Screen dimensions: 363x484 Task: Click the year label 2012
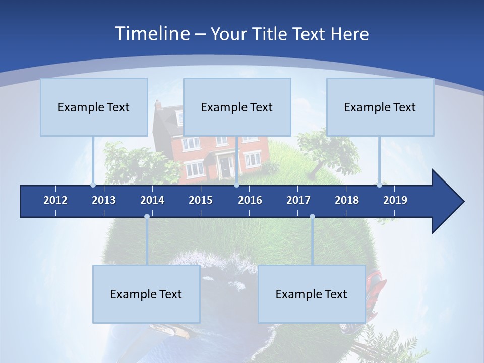pos(55,200)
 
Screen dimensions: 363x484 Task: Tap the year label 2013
pos(104,200)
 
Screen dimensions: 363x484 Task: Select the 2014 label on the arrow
pos(152,200)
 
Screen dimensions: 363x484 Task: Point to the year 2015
pos(201,200)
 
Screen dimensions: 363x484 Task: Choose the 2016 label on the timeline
pos(250,200)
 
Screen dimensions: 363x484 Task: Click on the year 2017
pos(298,200)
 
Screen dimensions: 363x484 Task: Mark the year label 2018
pos(347,200)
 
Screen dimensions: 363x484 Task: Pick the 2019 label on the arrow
pos(395,200)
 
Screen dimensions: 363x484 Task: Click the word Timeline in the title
pos(151,34)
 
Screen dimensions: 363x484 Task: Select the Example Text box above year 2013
pos(94,107)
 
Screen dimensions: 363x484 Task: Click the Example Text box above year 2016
pos(237,107)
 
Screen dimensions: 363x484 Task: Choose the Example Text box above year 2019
pos(380,107)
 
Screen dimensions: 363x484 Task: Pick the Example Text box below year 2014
pos(146,294)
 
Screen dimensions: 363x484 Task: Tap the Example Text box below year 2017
pos(312,294)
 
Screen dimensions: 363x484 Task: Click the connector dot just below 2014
pos(147,217)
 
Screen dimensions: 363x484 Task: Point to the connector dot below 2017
pos(312,217)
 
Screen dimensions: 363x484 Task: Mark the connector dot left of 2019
pos(379,185)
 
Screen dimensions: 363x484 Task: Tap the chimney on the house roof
pos(158,105)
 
